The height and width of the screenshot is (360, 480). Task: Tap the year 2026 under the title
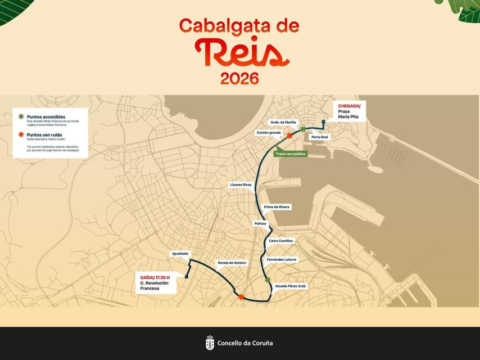(x=239, y=79)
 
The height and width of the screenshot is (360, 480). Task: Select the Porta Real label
(x=319, y=137)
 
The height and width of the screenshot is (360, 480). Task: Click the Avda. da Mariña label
(x=283, y=122)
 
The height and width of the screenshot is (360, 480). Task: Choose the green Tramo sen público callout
(x=291, y=154)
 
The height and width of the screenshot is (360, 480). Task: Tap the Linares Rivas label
(x=241, y=184)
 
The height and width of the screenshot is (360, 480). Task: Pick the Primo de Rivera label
(x=277, y=207)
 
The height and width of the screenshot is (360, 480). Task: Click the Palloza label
(x=260, y=223)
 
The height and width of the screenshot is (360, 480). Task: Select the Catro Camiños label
(x=281, y=241)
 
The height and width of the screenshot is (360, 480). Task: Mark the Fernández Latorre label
(x=282, y=259)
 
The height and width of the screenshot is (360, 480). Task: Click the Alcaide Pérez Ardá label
(x=291, y=286)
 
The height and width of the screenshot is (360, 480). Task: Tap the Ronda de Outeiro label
(x=232, y=263)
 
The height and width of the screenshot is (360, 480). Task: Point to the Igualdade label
(x=180, y=254)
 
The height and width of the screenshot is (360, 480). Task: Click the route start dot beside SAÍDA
(x=185, y=276)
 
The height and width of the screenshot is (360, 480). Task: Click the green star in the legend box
(x=21, y=116)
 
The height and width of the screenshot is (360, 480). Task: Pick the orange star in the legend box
(x=21, y=135)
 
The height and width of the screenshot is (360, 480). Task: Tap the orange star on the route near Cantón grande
(x=289, y=136)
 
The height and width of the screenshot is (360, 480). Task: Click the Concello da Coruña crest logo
(x=210, y=343)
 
